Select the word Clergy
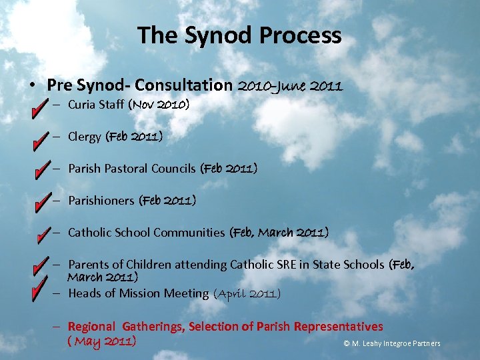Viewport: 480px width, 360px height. [x=85, y=137]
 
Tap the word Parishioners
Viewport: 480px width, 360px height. [x=101, y=201]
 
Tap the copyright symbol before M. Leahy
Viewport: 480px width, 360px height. [x=347, y=344]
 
